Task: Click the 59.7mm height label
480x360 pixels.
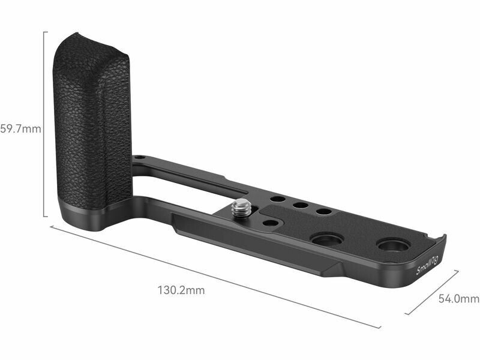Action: (x=20, y=129)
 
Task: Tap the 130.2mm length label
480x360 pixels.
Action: (x=181, y=290)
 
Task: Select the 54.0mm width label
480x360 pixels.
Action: (x=459, y=298)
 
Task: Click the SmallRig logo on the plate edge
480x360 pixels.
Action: (x=427, y=265)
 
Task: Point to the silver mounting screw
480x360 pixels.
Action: (x=241, y=208)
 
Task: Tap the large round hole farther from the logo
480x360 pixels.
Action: (x=327, y=239)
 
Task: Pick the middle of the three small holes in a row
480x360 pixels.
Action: (x=301, y=205)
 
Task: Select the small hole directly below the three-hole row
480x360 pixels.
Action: (x=270, y=223)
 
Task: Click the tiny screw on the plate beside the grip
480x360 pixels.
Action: (x=140, y=158)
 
